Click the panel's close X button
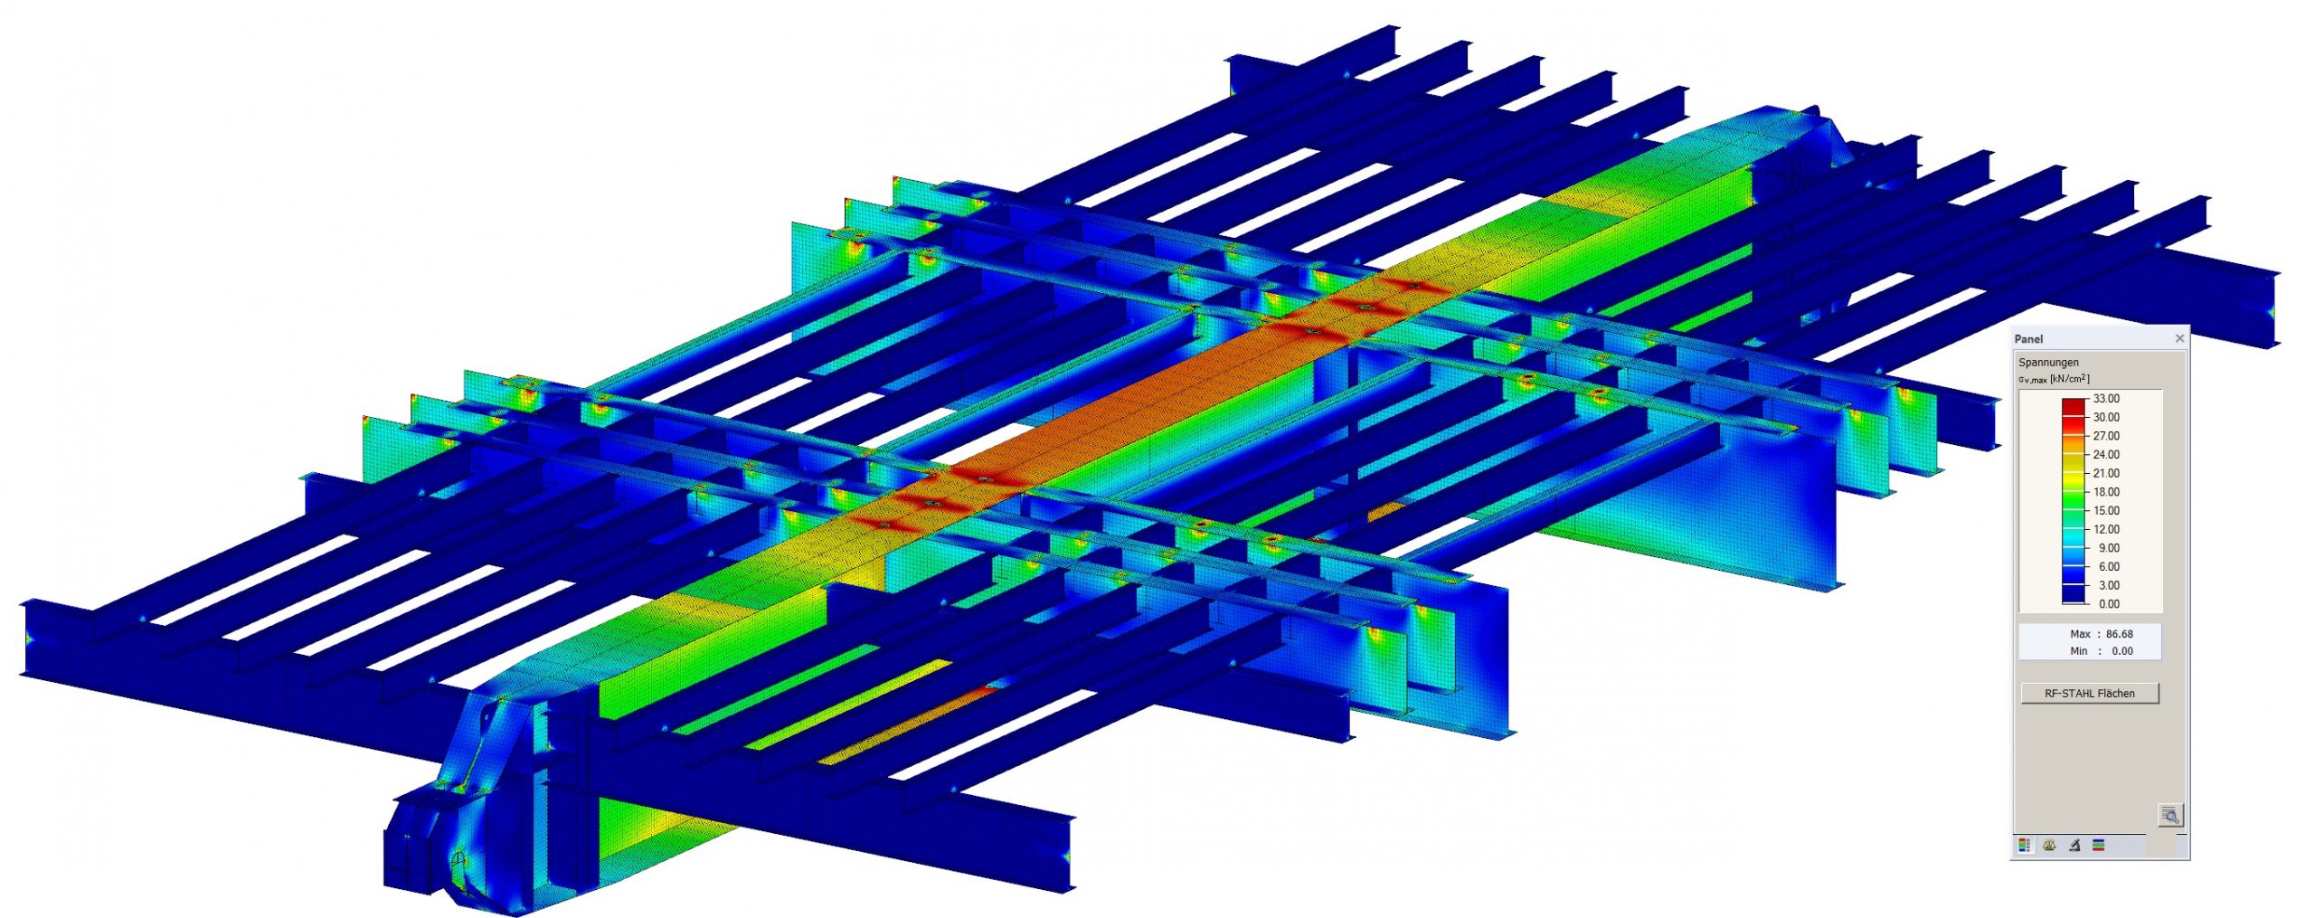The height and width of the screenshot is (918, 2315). (x=2179, y=338)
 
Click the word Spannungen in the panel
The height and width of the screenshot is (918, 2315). (x=2048, y=362)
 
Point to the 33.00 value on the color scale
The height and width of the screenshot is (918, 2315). (x=2106, y=399)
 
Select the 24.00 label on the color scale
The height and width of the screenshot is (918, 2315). (x=2106, y=455)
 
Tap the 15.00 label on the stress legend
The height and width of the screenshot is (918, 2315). (x=2106, y=511)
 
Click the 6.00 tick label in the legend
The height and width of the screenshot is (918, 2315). (x=2109, y=567)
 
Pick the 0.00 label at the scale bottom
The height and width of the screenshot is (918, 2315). (x=2109, y=604)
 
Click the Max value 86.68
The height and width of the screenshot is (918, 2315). (x=2119, y=634)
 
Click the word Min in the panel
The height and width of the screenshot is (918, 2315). (x=2079, y=651)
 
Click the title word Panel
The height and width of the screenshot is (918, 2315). (x=2028, y=339)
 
